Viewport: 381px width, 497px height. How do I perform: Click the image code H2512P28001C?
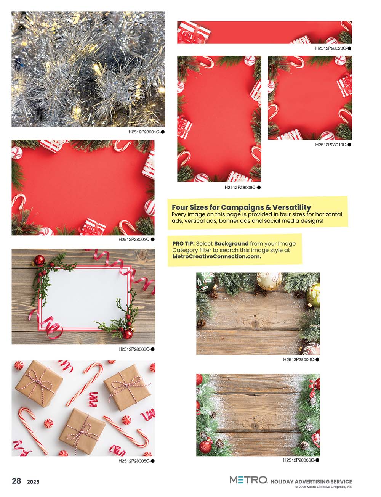pyautogui.click(x=144, y=132)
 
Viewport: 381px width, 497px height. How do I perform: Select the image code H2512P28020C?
pyautogui.click(x=331, y=48)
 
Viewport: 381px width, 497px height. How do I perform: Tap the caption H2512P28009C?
pyautogui.click(x=241, y=188)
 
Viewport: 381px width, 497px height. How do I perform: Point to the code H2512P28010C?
pyautogui.click(x=331, y=145)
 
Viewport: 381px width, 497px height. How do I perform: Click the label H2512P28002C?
pyautogui.click(x=134, y=240)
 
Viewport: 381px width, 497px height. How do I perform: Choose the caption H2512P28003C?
pyautogui.click(x=134, y=349)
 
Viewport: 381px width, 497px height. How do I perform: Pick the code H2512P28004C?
pyautogui.click(x=299, y=360)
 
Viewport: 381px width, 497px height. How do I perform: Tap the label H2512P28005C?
pyautogui.click(x=134, y=461)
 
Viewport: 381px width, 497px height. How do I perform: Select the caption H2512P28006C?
pyautogui.click(x=299, y=460)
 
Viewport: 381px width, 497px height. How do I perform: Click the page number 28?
pyautogui.click(x=16, y=481)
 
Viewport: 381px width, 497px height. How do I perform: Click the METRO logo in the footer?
pyautogui.click(x=248, y=480)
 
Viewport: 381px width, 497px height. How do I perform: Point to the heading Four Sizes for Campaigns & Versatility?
pyautogui.click(x=241, y=207)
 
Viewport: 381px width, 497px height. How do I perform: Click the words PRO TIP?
pyautogui.click(x=183, y=244)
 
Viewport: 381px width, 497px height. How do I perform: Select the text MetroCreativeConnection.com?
pyautogui.click(x=216, y=256)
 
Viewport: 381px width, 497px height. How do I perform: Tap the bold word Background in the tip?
pyautogui.click(x=231, y=244)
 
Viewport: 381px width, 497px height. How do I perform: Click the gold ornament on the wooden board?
pyautogui.click(x=269, y=281)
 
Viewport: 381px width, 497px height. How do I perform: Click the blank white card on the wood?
pyautogui.click(x=85, y=299)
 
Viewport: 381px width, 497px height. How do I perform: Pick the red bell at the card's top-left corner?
pyautogui.click(x=39, y=260)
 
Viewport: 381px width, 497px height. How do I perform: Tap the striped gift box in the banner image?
pyautogui.click(x=193, y=32)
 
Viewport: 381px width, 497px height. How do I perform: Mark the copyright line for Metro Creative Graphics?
pyautogui.click(x=323, y=487)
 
